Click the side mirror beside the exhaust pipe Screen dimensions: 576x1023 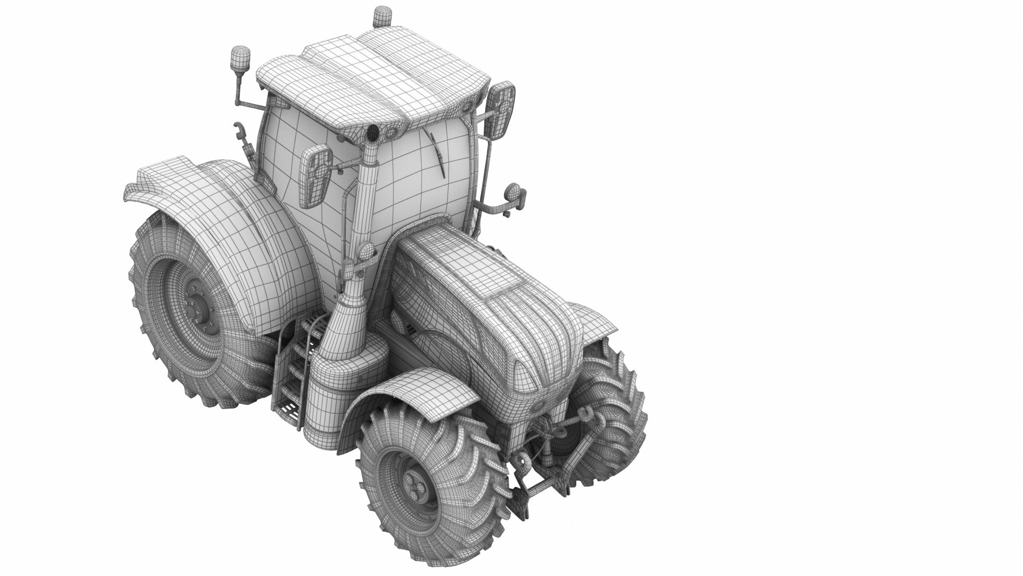coord(315,176)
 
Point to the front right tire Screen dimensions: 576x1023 coord(613,416)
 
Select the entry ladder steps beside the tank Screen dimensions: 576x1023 coord(290,373)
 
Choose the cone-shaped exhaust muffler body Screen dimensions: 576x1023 coord(346,325)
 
